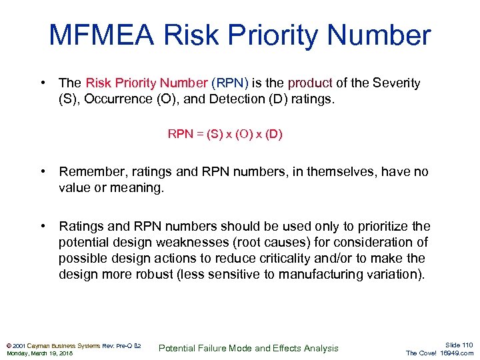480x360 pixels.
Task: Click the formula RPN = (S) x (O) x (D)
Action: point(225,134)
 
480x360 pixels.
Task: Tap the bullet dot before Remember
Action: point(43,172)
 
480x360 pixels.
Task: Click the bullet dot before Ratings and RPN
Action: point(43,226)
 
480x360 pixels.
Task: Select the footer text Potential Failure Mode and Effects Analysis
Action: point(248,348)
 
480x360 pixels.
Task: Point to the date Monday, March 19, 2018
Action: point(40,353)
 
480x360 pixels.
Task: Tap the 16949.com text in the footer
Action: point(456,353)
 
